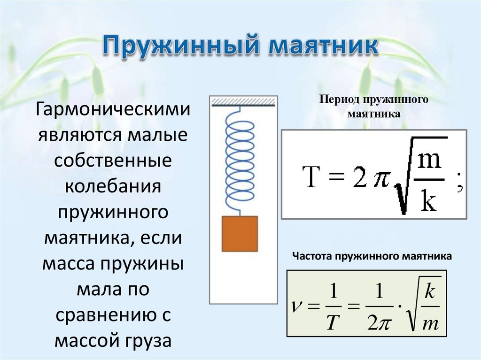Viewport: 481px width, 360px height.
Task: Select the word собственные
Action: click(113, 161)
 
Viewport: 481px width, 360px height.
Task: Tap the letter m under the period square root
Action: click(428, 161)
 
